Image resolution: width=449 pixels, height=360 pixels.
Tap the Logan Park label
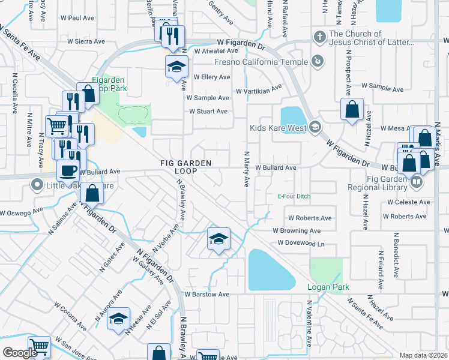[x=328, y=287]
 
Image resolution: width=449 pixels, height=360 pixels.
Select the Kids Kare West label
[x=279, y=127]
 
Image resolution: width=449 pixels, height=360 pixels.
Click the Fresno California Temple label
[x=265, y=61]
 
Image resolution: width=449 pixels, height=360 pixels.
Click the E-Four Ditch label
[x=294, y=197]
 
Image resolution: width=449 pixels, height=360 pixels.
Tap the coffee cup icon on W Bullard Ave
[x=68, y=170]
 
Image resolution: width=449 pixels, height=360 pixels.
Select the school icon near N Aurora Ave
[x=119, y=318]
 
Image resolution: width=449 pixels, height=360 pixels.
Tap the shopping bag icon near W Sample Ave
[x=352, y=110]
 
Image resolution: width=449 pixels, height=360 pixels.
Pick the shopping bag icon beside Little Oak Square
[x=92, y=194]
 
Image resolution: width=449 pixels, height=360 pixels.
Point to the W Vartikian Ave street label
[x=259, y=91]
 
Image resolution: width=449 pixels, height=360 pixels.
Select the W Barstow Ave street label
[x=207, y=295]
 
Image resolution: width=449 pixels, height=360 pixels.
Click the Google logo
[x=20, y=353]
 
